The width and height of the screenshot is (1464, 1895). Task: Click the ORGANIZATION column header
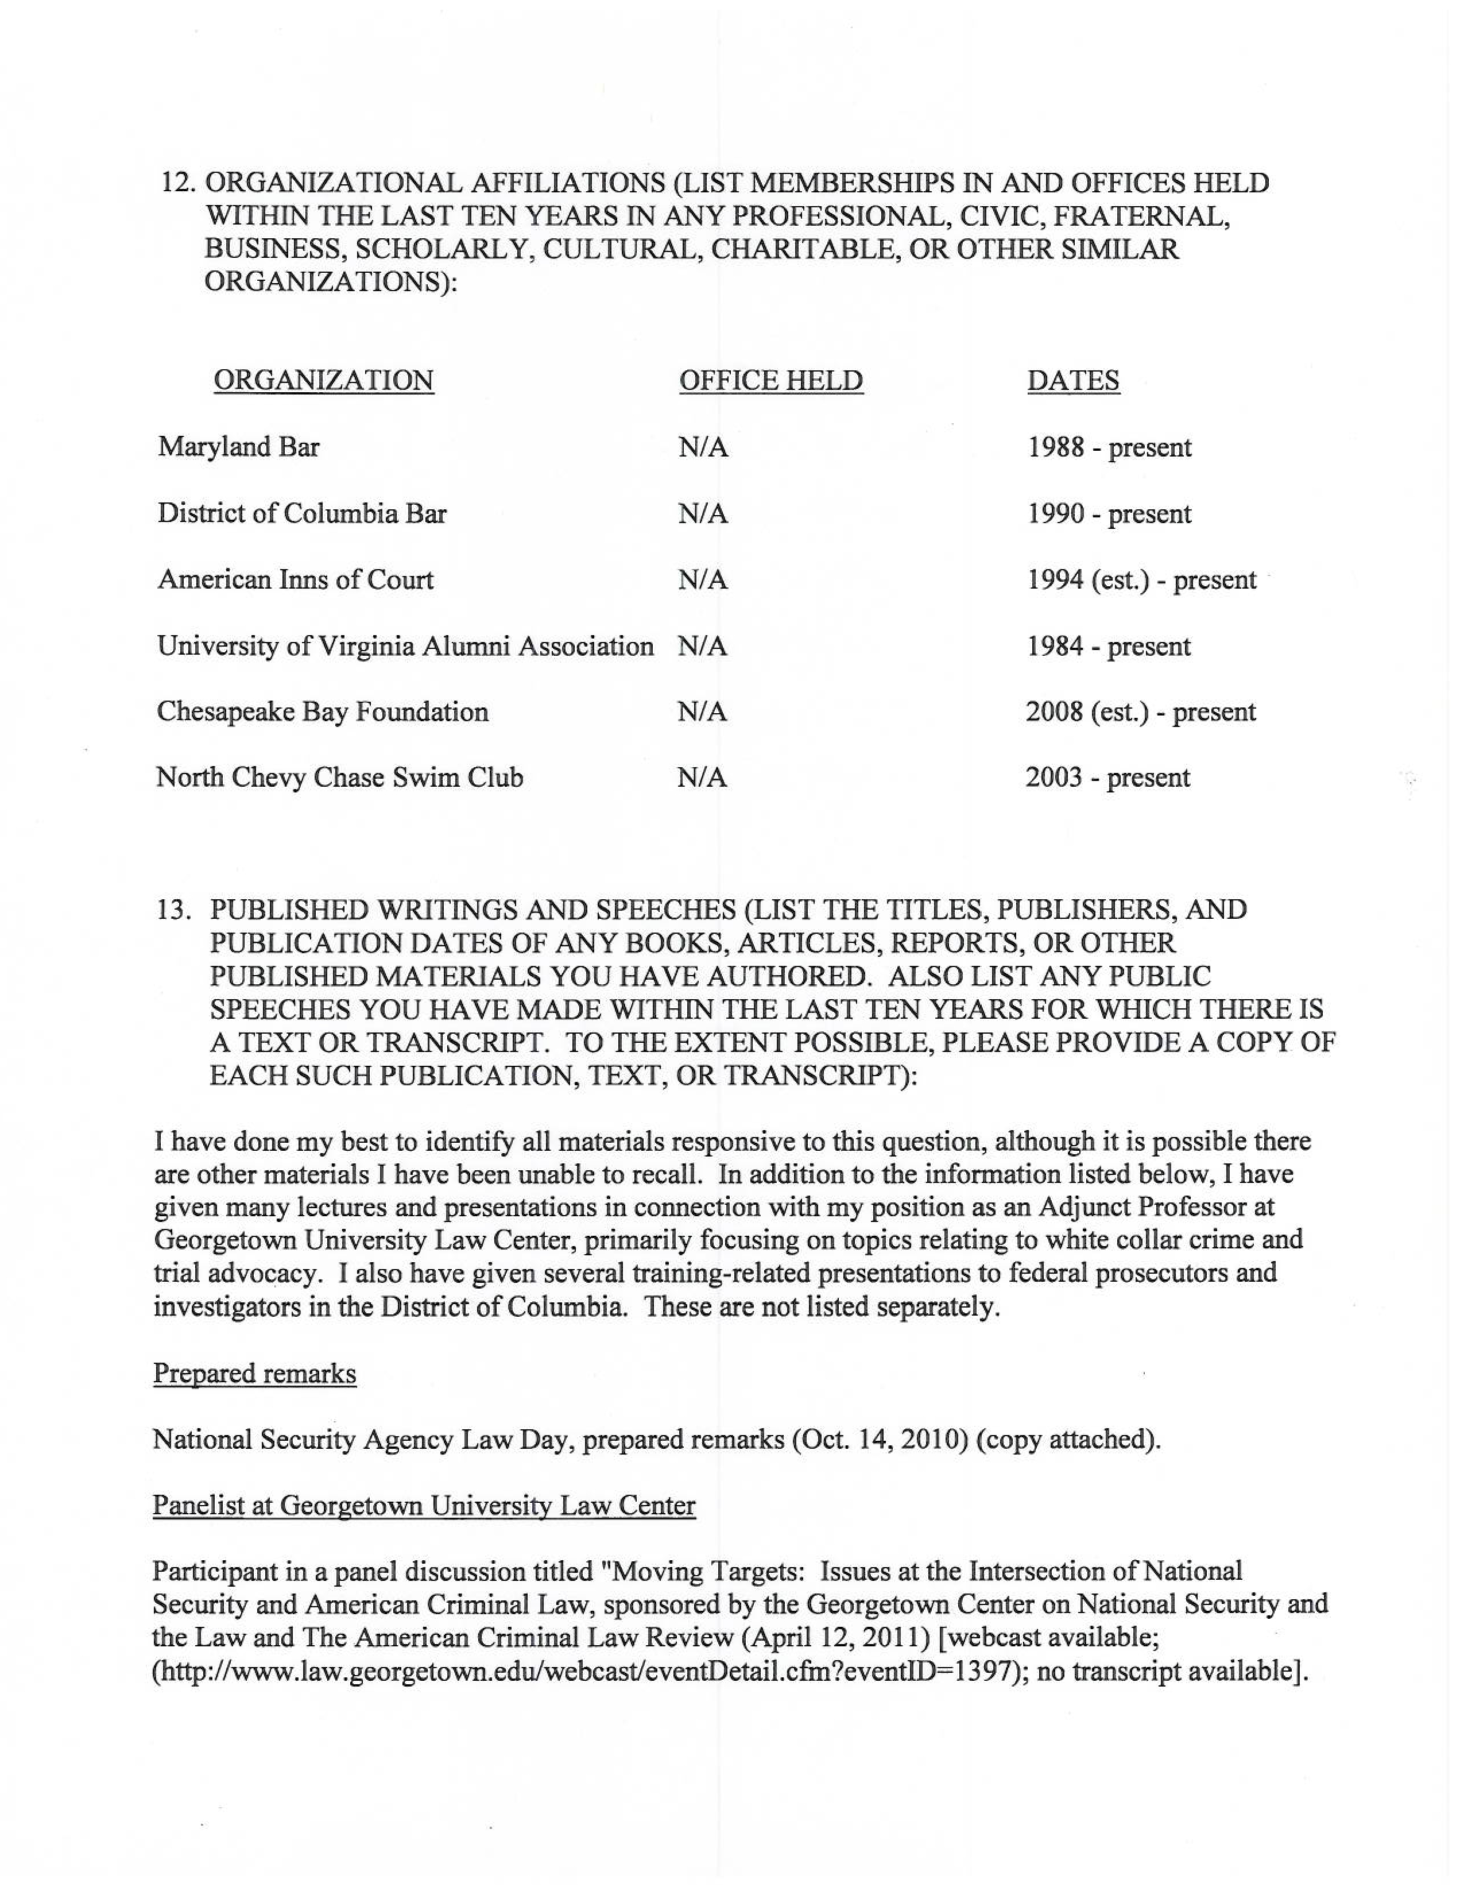pos(323,381)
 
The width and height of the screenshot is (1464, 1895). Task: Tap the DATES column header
pos(1073,381)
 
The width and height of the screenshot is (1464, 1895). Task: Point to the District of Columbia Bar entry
pos(302,514)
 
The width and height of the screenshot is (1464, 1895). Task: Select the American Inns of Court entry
pos(295,579)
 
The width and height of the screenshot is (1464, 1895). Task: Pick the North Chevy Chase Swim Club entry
pos(339,778)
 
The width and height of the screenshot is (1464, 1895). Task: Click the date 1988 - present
pos(1109,448)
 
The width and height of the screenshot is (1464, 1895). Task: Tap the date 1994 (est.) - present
pos(1141,579)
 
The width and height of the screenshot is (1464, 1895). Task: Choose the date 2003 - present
pos(1107,778)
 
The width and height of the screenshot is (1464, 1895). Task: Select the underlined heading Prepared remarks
pos(254,1374)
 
